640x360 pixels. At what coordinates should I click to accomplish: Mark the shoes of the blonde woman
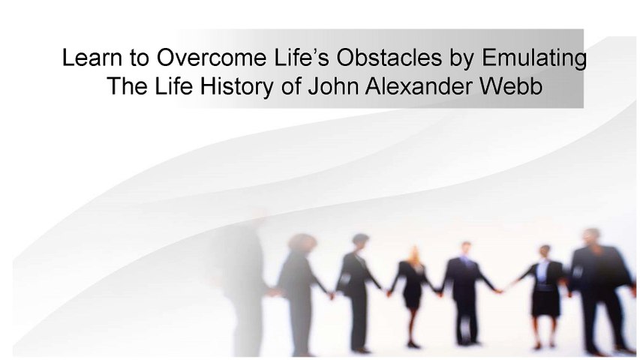coord(413,344)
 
